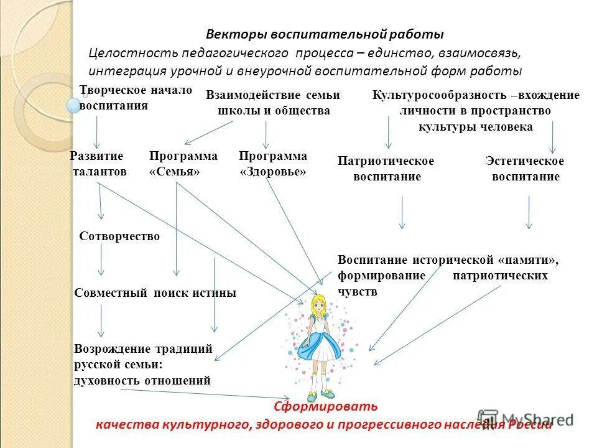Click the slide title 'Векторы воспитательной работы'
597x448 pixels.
pos(325,34)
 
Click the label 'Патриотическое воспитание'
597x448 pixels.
pos(386,169)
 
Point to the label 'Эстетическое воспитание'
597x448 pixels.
pos(525,169)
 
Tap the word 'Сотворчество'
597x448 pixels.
pos(119,236)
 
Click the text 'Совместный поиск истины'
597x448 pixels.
pos(155,293)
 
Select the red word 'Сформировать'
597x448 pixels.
pos(326,407)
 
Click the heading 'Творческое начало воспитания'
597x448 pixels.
pos(136,98)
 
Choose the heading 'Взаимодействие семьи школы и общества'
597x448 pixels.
pos(273,103)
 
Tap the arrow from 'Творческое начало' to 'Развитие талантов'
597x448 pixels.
pos(96,133)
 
